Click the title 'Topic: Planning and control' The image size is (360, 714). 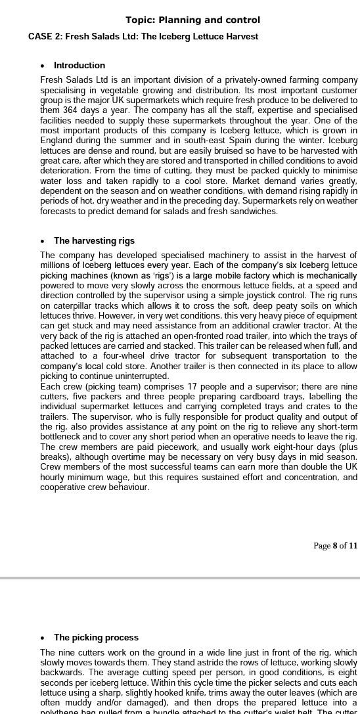tap(192, 20)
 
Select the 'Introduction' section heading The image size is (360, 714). tap(79, 66)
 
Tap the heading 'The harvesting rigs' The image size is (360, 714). tap(94, 241)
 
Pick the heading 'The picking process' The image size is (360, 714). tap(96, 638)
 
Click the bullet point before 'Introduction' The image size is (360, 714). tap(43, 66)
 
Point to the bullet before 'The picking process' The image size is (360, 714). tap(43, 638)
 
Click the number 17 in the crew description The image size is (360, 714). tap(182, 388)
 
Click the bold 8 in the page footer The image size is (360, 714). tap(335, 546)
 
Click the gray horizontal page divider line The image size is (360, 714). tap(180, 578)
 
